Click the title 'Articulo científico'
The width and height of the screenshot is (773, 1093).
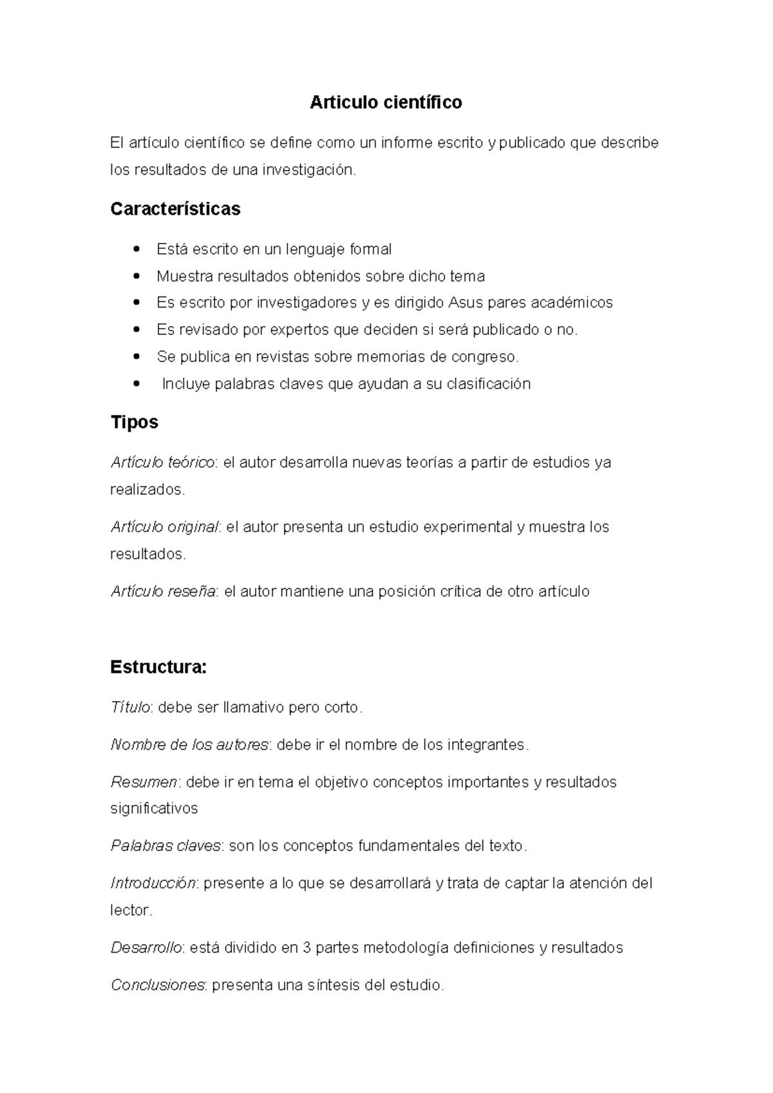tap(386, 102)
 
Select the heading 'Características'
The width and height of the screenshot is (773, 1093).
tap(175, 209)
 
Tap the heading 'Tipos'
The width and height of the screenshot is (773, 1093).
tap(134, 422)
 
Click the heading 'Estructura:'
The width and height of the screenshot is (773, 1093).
tap(158, 667)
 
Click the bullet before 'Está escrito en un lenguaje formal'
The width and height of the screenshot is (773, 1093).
tap(135, 249)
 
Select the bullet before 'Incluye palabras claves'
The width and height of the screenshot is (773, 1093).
tap(135, 384)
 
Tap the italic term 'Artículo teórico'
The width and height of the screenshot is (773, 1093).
tap(163, 463)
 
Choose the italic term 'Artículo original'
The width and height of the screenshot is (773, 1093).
tap(165, 527)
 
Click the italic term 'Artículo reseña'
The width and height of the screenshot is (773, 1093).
tap(163, 592)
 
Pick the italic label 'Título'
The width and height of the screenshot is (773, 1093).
tap(130, 708)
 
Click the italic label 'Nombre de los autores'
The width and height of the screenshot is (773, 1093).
tap(189, 745)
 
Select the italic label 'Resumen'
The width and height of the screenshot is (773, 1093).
tap(144, 782)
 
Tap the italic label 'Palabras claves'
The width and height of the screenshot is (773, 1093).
tap(166, 846)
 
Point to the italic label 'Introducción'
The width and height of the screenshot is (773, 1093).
tap(153, 883)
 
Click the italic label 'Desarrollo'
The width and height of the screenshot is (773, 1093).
tap(147, 948)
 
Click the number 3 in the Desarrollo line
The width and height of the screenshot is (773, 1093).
tap(307, 948)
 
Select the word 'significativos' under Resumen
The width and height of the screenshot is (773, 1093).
tap(154, 809)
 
